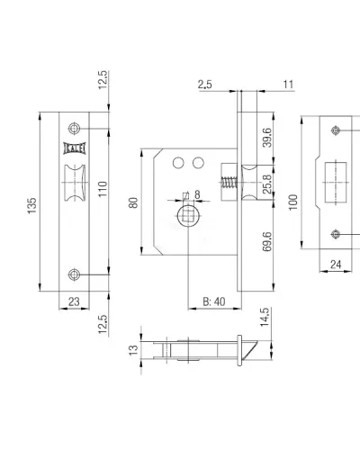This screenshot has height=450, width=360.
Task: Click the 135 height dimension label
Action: (x=31, y=205)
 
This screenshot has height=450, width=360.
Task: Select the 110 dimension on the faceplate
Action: (x=103, y=189)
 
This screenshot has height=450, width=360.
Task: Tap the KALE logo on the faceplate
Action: (x=75, y=148)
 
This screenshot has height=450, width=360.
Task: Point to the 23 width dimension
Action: (x=74, y=301)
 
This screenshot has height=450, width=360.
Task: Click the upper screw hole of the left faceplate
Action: (x=74, y=129)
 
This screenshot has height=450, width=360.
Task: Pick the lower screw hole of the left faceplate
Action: (x=74, y=274)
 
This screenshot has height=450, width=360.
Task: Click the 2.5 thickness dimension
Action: (x=204, y=85)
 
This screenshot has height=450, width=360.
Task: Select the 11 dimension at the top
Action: (x=288, y=85)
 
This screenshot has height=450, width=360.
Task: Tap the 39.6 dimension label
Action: (x=267, y=138)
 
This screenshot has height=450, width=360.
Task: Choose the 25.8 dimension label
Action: (x=267, y=184)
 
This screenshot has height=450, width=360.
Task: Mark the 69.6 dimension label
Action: (x=267, y=241)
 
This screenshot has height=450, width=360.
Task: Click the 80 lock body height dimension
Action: (x=133, y=202)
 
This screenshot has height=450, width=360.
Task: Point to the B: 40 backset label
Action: (x=214, y=301)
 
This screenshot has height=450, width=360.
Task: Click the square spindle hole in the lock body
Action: (x=188, y=216)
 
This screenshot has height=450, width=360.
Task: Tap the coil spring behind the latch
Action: (x=229, y=183)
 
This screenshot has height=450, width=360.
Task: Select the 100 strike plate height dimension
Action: (x=293, y=202)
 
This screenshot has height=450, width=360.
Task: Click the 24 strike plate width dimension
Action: (x=336, y=265)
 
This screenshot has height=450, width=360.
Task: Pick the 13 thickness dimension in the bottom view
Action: (x=133, y=350)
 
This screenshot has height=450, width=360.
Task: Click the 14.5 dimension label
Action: (x=265, y=318)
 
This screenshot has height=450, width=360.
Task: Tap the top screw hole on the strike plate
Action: (x=336, y=130)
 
